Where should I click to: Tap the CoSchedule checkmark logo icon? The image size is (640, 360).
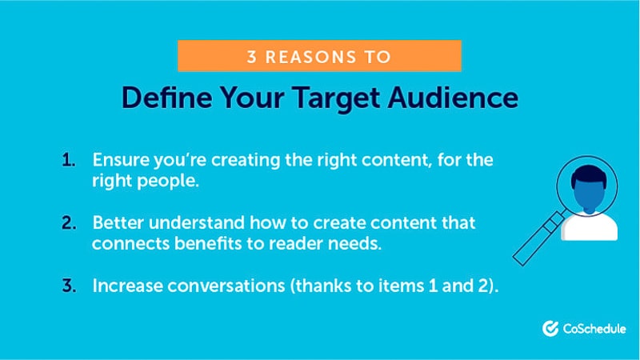(x=550, y=329)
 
